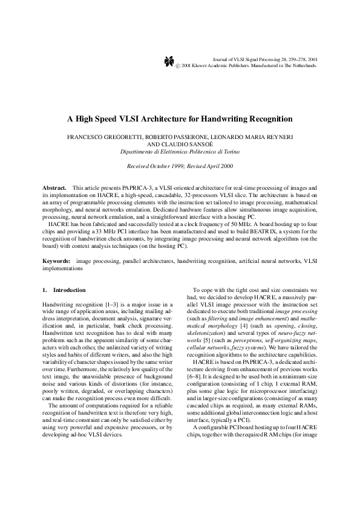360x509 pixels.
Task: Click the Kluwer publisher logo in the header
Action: coord(169,61)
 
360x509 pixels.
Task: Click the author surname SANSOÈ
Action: coord(201,145)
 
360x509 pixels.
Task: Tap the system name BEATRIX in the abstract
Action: coord(261,232)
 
